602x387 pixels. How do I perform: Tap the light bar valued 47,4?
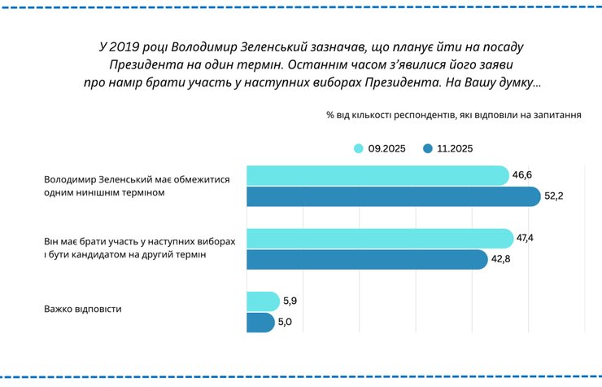pyautogui.click(x=378, y=238)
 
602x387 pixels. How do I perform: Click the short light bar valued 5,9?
pyautogui.click(x=261, y=301)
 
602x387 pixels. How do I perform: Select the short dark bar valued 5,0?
pyautogui.click(x=260, y=323)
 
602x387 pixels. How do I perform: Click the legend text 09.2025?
pyautogui.click(x=388, y=148)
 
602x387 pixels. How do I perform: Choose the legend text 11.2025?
pyautogui.click(x=455, y=148)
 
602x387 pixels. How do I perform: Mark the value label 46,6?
pyautogui.click(x=524, y=175)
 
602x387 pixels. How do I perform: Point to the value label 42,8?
pyautogui.click(x=500, y=259)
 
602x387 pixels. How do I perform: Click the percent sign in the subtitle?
pyautogui.click(x=329, y=115)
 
